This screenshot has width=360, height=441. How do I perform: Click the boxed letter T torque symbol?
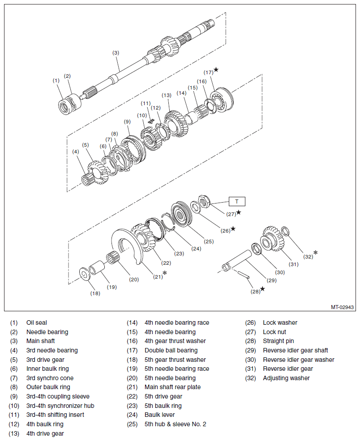[237, 201]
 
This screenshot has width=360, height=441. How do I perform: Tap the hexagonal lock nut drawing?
[204, 201]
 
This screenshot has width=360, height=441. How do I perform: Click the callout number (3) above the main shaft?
[116, 53]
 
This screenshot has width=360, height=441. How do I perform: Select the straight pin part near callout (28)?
[243, 275]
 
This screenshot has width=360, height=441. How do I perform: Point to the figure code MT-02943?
[342, 307]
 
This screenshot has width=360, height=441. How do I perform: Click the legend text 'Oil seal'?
[37, 322]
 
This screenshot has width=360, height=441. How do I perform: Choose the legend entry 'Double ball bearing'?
[171, 350]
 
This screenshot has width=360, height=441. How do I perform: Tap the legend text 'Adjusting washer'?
[286, 378]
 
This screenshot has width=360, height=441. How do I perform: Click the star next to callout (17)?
[216, 69]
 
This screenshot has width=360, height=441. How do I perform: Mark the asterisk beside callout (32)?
[316, 252]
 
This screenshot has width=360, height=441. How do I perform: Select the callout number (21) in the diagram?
[158, 277]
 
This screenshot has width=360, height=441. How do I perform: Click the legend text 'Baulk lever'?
[159, 415]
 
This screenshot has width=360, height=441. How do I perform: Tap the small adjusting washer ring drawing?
[285, 231]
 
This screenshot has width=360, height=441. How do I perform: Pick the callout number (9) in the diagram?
[127, 122]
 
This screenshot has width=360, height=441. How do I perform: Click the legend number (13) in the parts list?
[14, 433]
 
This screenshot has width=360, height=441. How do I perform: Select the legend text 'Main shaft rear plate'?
[172, 387]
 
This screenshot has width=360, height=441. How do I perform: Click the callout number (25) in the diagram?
[209, 242]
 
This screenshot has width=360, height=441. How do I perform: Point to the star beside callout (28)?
[262, 288]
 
